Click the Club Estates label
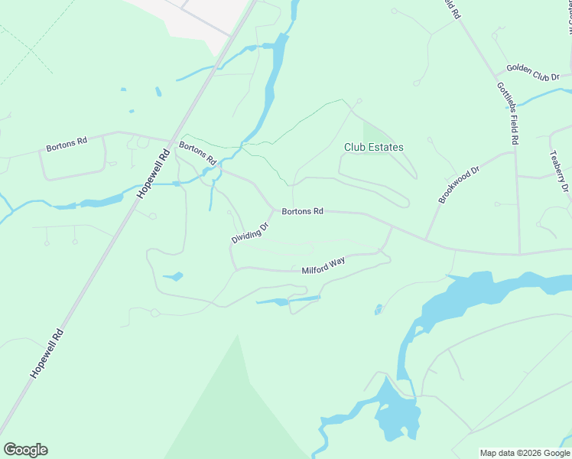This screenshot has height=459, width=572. (373, 147)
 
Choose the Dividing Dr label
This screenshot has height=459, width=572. (251, 233)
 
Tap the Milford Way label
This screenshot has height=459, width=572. (323, 265)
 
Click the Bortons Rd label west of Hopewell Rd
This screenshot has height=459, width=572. (67, 142)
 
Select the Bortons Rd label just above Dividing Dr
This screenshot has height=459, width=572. (302, 210)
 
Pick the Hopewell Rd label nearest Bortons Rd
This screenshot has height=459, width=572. (152, 174)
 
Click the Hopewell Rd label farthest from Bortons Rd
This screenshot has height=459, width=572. (46, 352)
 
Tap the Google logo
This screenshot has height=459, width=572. (25, 450)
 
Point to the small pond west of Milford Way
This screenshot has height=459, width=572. (173, 276)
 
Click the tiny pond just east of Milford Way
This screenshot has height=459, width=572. (378, 310)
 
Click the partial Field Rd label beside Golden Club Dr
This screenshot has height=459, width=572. (453, 9)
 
